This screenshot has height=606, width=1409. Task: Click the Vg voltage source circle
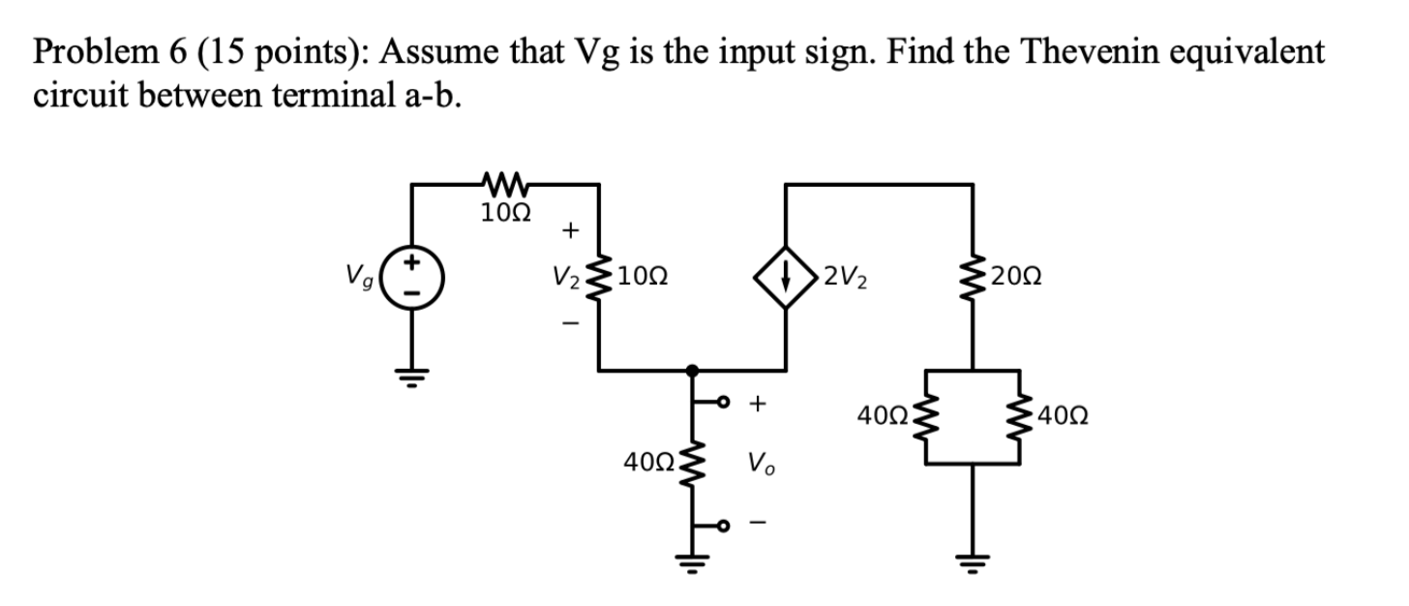coord(413,276)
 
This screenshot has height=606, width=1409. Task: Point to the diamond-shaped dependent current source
coord(786,277)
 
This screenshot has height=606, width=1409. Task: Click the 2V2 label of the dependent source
coord(848,277)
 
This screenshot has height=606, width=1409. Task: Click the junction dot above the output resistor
coord(692,369)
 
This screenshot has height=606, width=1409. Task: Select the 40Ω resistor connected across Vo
coord(693,464)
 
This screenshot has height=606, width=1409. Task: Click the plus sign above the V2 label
coord(571,230)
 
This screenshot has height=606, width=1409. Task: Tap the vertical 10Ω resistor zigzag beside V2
coord(604,277)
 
